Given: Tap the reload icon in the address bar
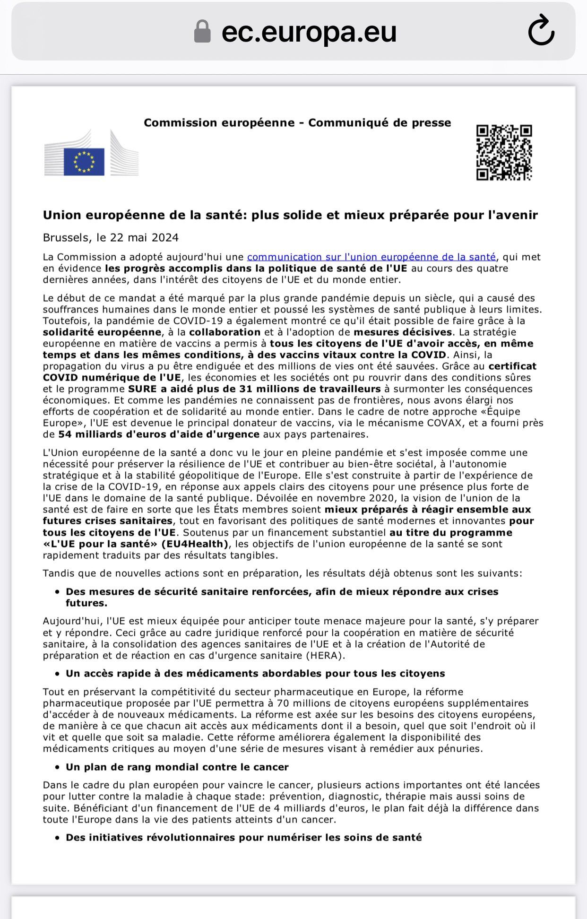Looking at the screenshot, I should [x=541, y=31].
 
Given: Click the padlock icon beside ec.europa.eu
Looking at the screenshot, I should [x=202, y=32].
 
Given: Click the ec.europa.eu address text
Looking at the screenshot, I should [x=309, y=32].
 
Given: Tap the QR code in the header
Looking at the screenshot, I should [x=504, y=152].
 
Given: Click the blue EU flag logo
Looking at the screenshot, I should [x=84, y=161].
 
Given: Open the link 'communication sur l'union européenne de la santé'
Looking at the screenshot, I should [x=371, y=257].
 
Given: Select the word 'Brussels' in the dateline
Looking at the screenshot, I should [x=67, y=237].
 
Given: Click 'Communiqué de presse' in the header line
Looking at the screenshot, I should [x=380, y=123].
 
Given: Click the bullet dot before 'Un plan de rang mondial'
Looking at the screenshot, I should [x=57, y=767].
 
